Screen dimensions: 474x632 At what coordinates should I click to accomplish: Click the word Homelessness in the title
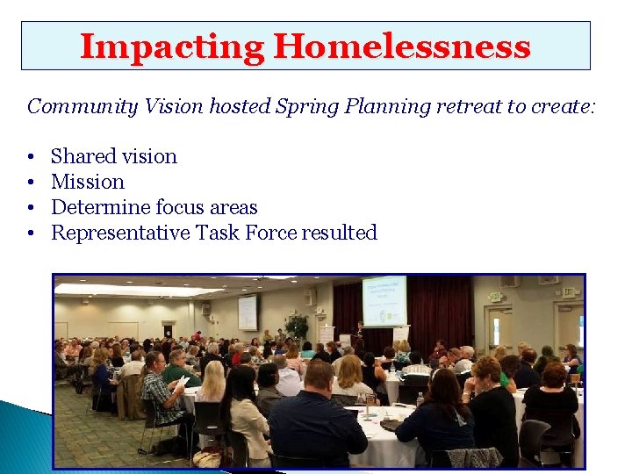402,47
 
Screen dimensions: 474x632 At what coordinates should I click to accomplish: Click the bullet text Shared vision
114,156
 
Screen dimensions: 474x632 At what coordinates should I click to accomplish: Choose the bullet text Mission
88,182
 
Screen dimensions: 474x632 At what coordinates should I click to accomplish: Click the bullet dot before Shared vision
31,157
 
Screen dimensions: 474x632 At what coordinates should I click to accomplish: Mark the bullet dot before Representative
31,233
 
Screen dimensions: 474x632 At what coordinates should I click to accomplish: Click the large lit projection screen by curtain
384,300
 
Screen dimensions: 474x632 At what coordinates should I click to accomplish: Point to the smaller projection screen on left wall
248,312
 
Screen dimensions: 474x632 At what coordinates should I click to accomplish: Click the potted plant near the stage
297,327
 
